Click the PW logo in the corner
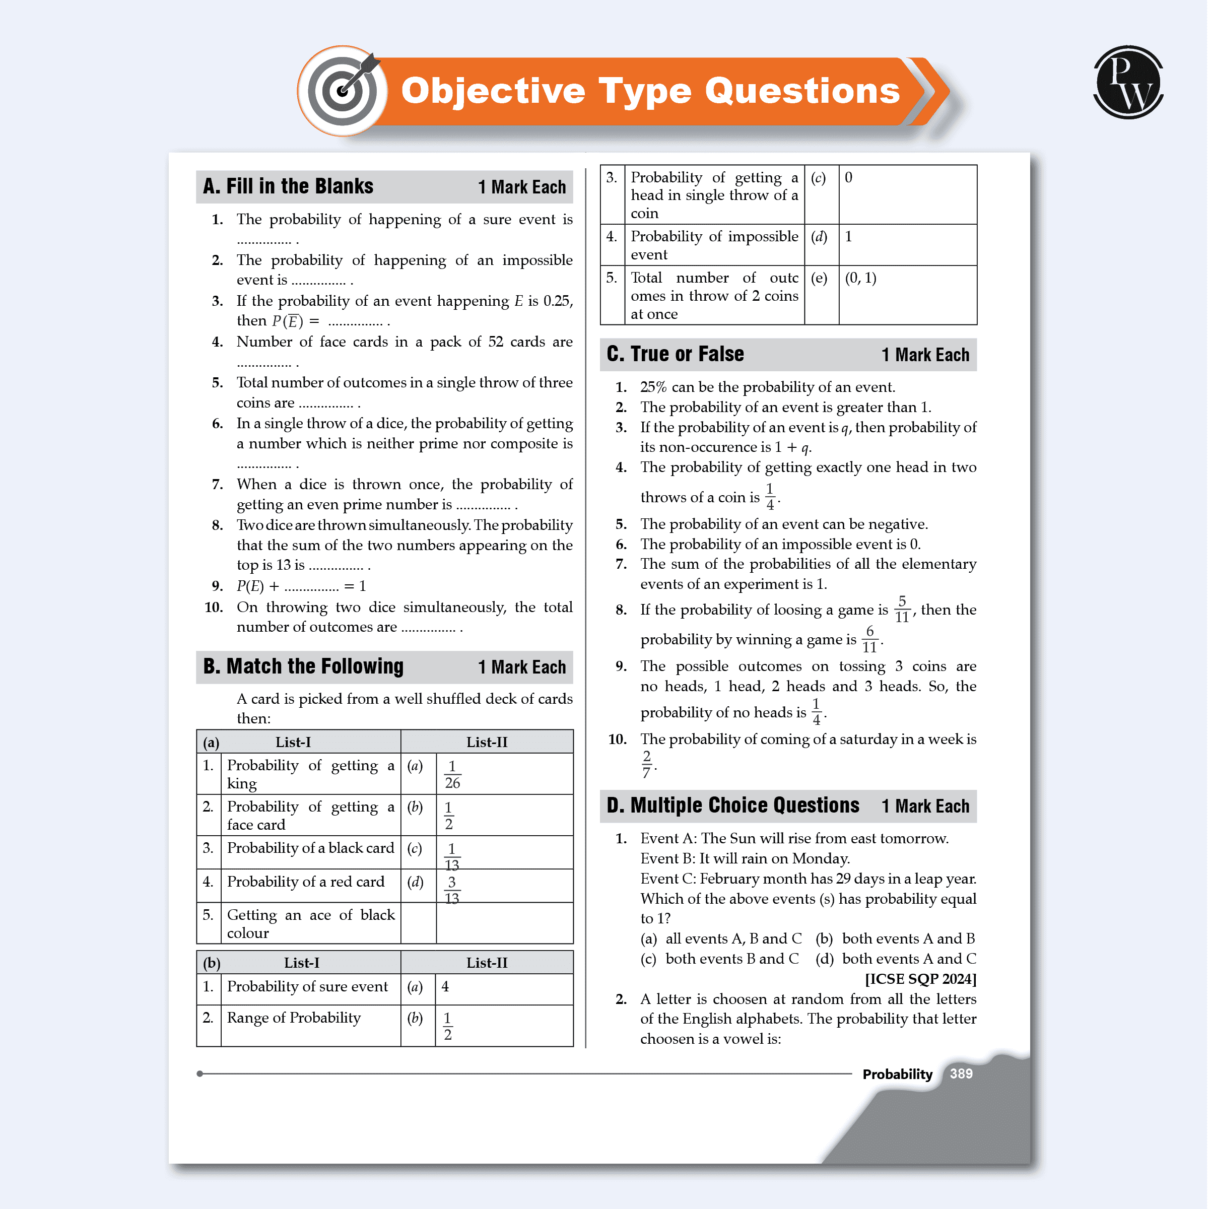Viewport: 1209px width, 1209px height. click(x=1128, y=82)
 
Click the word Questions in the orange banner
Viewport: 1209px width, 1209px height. click(x=802, y=91)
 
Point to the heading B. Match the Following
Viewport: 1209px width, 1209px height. click(x=303, y=666)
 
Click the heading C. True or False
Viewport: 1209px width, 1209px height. click(x=675, y=354)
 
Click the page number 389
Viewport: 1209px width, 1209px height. click(x=961, y=1074)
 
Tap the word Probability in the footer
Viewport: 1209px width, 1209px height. click(x=897, y=1074)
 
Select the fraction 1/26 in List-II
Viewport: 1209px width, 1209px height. click(x=452, y=775)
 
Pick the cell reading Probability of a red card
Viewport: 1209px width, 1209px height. click(x=305, y=882)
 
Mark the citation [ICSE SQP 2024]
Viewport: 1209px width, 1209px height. click(x=920, y=979)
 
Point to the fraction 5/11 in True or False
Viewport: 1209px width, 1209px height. click(x=902, y=610)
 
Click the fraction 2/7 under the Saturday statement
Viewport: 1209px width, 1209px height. click(x=646, y=765)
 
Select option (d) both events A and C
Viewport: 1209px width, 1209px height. click(x=896, y=959)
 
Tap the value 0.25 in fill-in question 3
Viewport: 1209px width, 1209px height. click(x=556, y=301)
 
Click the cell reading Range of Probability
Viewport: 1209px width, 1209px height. click(x=294, y=1018)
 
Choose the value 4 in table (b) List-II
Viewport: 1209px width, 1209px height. click(x=445, y=987)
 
